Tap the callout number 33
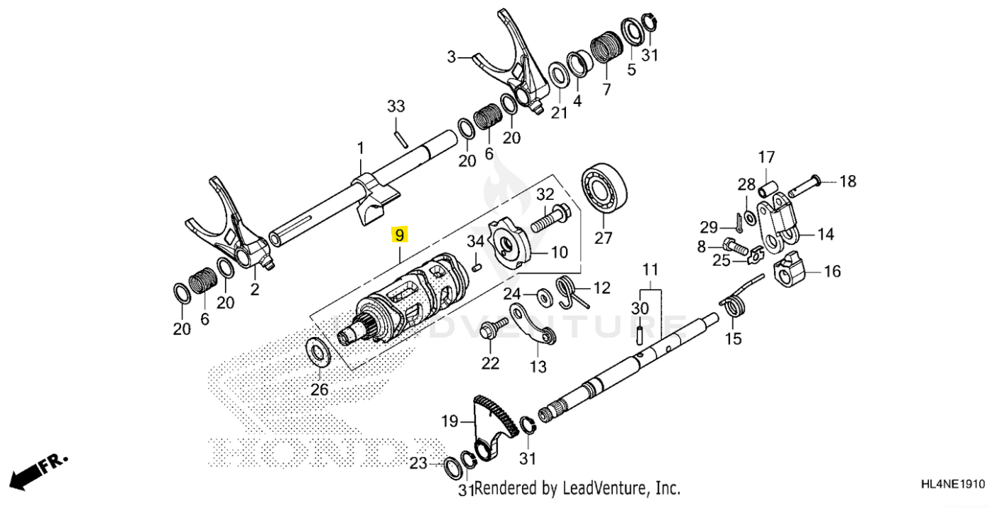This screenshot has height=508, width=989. tap(396, 107)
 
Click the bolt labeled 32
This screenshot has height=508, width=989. tap(550, 219)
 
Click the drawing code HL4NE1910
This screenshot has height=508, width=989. tap(952, 485)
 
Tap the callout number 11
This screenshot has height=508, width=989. tap(650, 269)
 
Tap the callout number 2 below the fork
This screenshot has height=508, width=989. tap(255, 289)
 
